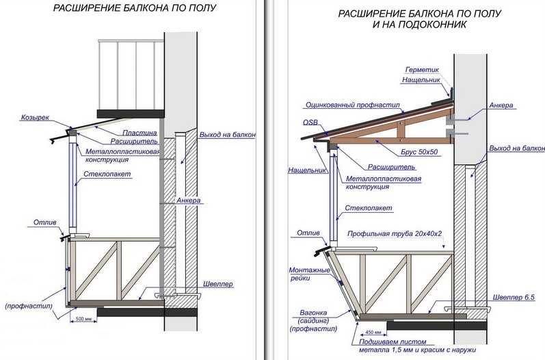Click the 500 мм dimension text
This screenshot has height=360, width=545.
(x=83, y=319)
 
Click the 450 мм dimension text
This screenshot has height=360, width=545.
(x=372, y=332)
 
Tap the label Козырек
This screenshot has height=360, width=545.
(x=35, y=117)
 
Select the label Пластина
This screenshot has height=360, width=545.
(x=139, y=133)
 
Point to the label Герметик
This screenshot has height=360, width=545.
(x=422, y=70)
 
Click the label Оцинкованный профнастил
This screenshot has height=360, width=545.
(x=353, y=105)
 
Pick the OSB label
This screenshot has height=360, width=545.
(x=310, y=123)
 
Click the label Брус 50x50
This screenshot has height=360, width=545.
(x=419, y=152)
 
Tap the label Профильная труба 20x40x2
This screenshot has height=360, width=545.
(x=395, y=233)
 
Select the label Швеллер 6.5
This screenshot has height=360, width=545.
(x=514, y=298)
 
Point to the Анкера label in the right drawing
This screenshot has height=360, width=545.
(x=501, y=105)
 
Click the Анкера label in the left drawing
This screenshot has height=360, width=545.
(x=188, y=201)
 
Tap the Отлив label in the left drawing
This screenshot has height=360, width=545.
(x=45, y=222)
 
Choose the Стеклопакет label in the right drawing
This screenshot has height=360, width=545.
(x=369, y=208)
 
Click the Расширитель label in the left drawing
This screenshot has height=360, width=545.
(x=134, y=141)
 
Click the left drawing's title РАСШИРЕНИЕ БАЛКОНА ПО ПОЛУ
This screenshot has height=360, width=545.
(x=135, y=8)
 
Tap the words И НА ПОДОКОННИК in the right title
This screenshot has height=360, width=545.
(x=420, y=25)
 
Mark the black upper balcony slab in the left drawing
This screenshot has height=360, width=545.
(x=131, y=114)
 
